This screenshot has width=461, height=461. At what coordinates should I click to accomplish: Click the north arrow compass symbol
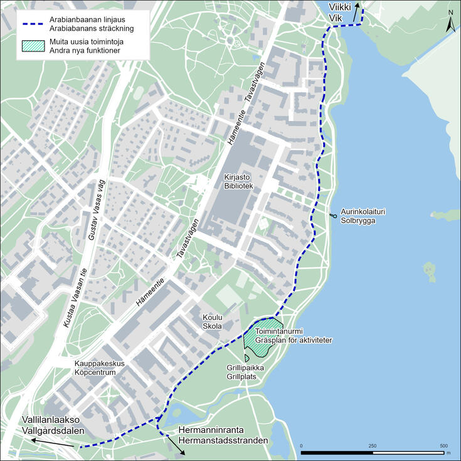point(450,22)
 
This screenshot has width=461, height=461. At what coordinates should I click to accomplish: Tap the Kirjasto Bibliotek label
point(238,182)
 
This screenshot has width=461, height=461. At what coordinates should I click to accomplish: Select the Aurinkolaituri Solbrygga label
point(363,216)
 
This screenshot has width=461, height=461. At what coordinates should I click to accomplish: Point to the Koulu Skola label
point(212,322)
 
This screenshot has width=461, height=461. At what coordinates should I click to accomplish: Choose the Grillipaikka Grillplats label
point(245,373)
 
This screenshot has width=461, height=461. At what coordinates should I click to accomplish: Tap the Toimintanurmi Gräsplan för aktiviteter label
point(293,336)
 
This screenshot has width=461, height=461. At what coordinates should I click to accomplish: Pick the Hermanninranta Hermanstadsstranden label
point(223,436)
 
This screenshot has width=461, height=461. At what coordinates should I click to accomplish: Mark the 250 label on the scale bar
point(373,445)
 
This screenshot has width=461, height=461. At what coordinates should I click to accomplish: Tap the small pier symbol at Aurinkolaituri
point(331,216)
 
